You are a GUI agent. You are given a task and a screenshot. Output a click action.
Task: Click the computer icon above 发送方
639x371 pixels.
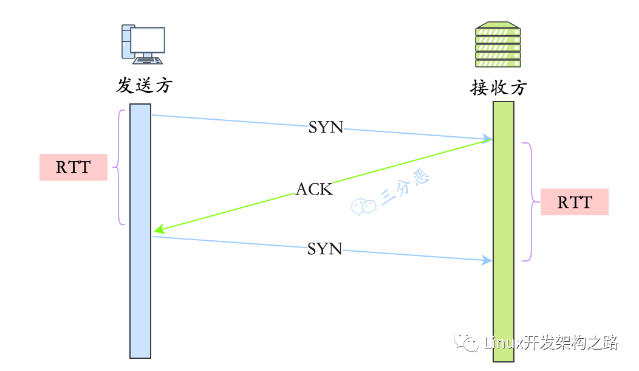point(143,44)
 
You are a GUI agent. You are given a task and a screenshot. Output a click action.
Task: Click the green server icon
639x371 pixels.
point(498,44)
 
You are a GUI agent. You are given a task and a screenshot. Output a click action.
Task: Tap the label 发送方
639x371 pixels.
point(145,86)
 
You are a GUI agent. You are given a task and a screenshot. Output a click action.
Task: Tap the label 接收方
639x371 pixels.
point(499,88)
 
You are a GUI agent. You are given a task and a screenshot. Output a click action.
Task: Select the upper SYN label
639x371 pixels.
point(326,127)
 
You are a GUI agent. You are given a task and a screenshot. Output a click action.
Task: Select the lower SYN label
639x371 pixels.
point(324,249)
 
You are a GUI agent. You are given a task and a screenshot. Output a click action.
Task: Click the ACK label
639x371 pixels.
point(314,189)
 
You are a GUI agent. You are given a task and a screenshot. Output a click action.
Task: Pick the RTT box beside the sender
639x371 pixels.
point(73,167)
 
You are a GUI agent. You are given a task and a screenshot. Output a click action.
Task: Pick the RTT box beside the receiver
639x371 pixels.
point(574,202)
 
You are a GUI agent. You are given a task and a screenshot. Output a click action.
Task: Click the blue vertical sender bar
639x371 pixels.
point(140,231)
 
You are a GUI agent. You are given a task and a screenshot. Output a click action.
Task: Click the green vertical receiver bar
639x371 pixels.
point(504,232)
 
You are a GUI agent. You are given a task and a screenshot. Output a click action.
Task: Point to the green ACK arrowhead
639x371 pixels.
point(159,230)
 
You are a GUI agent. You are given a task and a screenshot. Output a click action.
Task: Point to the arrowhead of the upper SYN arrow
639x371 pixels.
point(487,138)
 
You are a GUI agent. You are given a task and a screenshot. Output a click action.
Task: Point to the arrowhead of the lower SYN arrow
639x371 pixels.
point(487,260)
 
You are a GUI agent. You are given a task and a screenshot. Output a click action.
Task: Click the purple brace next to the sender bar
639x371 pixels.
point(118,167)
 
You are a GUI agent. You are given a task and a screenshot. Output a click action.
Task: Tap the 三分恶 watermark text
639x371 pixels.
point(405,187)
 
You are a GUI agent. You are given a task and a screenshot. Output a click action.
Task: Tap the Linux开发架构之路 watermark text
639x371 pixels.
point(552,342)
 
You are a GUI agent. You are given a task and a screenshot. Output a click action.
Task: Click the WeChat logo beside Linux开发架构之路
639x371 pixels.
point(466,342)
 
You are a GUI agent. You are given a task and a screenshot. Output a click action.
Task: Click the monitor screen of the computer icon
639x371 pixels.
point(148,40)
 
